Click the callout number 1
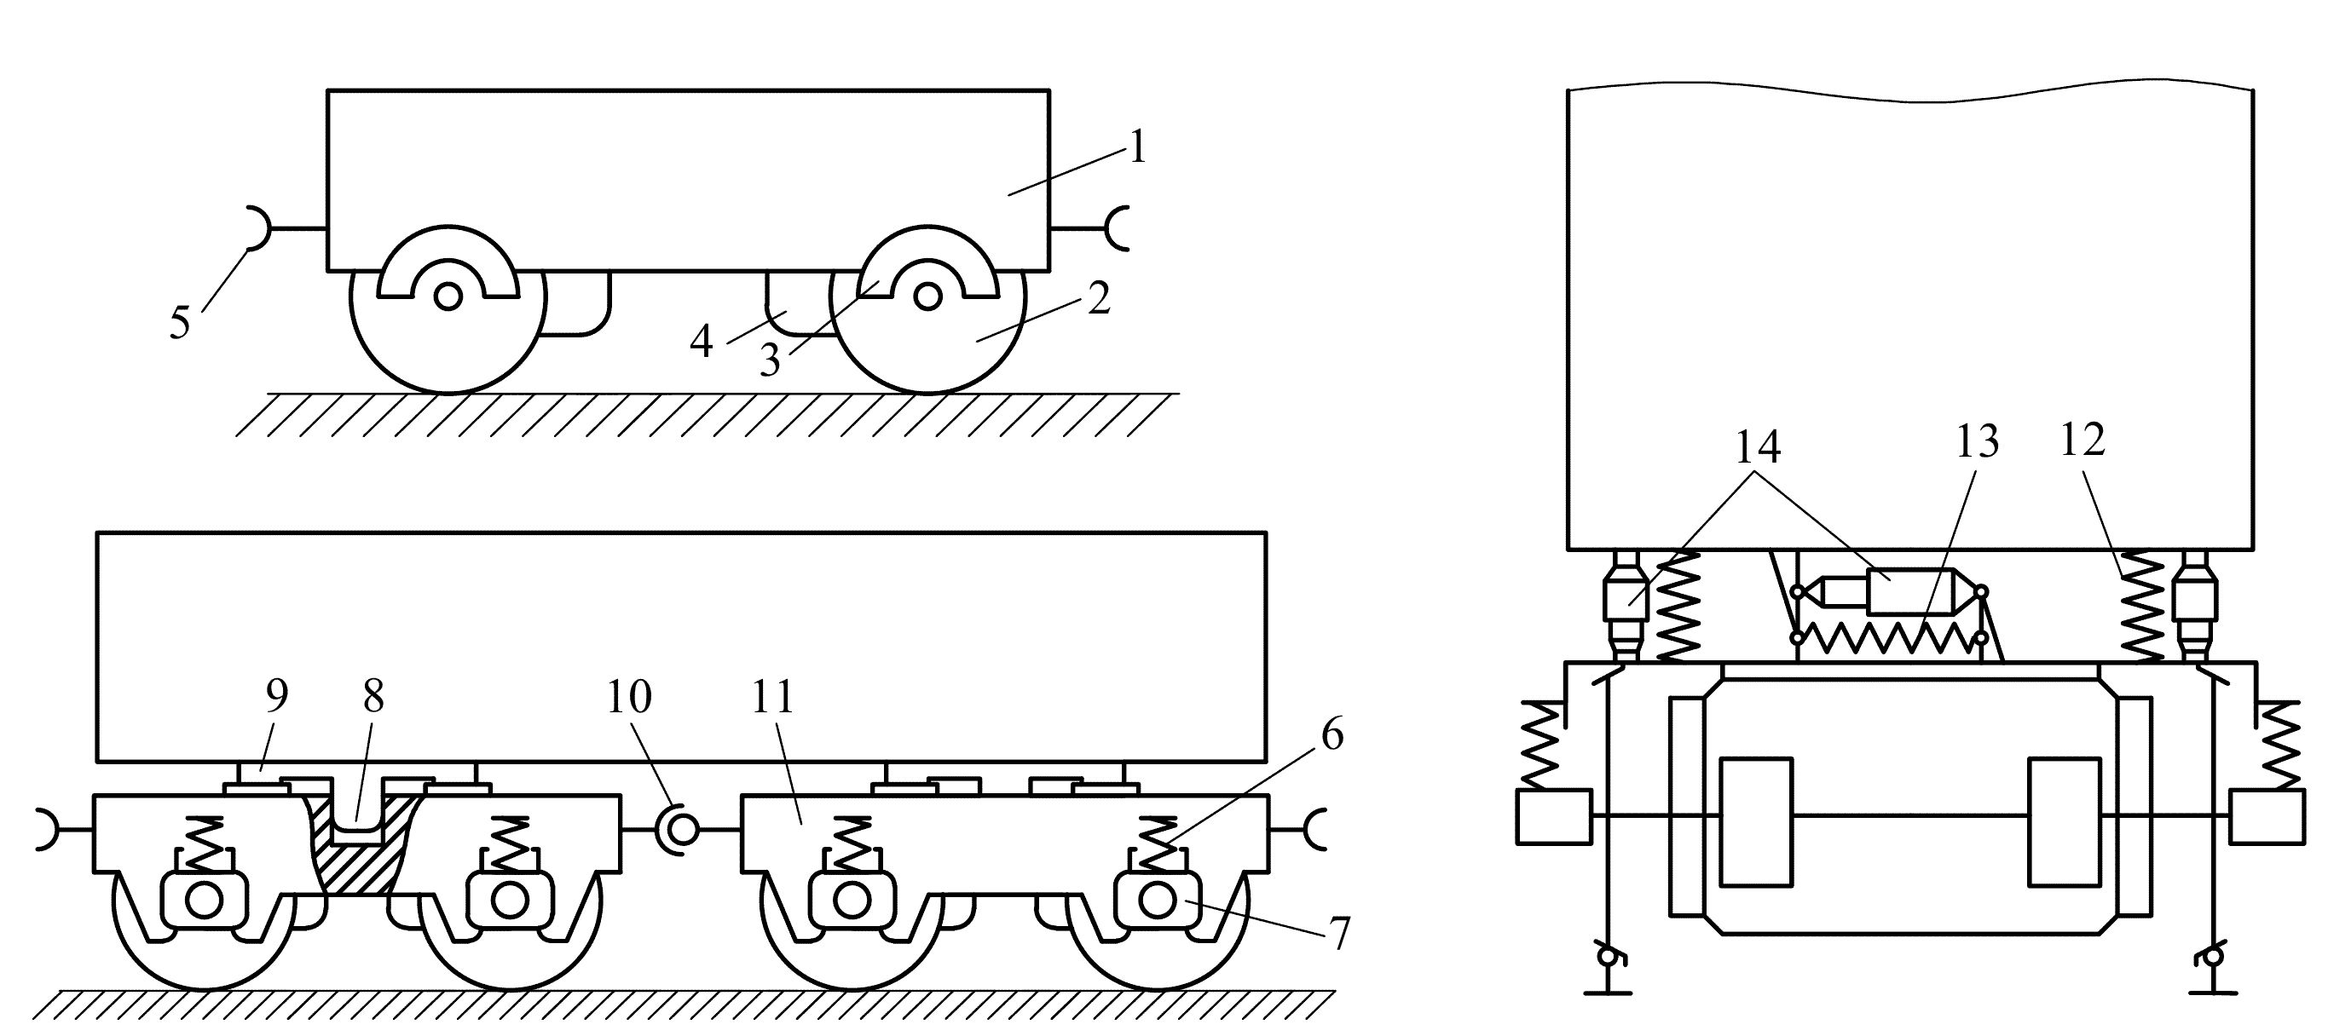[x=1137, y=147]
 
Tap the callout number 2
[x=1099, y=299]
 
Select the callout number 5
[x=180, y=322]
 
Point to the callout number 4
[x=702, y=342]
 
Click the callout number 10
[x=628, y=696]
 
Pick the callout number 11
[x=772, y=696]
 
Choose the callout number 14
[x=1757, y=446]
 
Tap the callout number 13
[x=1978, y=441]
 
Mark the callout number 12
[x=2082, y=440]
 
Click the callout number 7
[x=1338, y=933]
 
